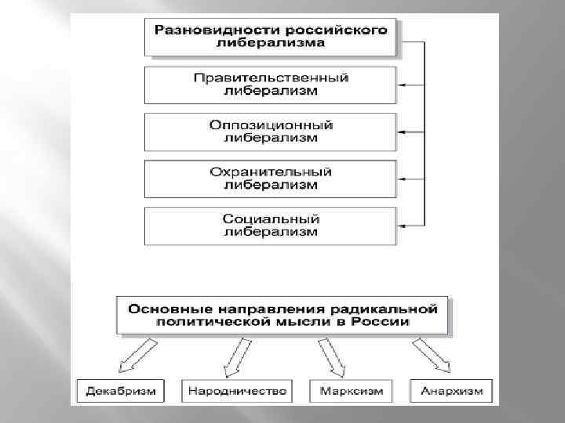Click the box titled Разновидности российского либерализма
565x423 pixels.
click(271, 38)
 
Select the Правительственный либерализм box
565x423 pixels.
click(271, 85)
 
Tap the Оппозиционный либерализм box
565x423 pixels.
click(271, 132)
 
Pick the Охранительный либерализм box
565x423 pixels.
click(271, 179)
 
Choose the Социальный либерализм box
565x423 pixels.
click(271, 226)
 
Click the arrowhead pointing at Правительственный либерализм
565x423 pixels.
click(401, 85)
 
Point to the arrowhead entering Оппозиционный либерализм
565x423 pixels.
click(401, 132)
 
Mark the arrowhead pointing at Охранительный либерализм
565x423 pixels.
click(401, 179)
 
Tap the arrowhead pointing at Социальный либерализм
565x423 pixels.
click(401, 226)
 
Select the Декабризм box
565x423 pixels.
click(116, 390)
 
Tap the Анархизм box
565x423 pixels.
click(451, 390)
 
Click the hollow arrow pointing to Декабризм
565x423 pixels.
click(133, 357)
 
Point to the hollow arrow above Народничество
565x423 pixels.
click(235, 357)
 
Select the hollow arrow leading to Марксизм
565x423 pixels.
click(332, 357)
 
